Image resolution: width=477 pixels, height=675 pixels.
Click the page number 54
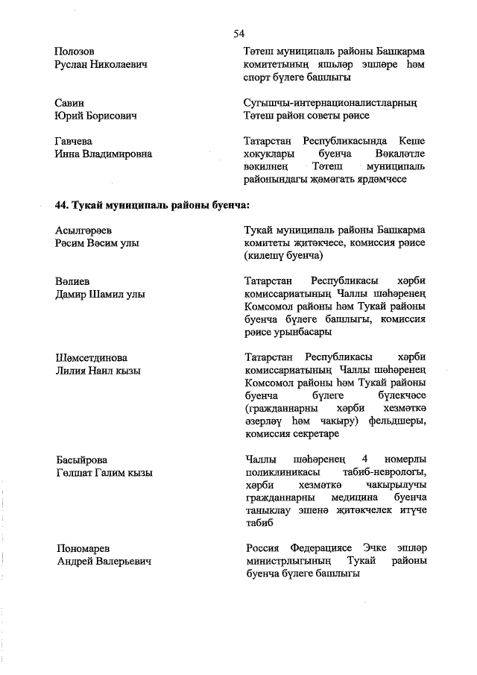tap(238, 33)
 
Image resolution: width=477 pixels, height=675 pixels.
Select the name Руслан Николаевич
tap(101, 65)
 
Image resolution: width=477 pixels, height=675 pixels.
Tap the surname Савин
tap(69, 102)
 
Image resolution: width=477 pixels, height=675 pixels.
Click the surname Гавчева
tap(74, 140)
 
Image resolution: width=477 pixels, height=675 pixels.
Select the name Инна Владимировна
tap(103, 154)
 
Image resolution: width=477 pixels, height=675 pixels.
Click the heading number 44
tap(63, 204)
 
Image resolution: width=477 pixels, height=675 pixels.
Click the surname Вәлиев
tap(72, 280)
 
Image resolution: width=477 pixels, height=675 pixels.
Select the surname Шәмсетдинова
tap(91, 357)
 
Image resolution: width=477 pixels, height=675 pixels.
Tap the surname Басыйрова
tap(81, 459)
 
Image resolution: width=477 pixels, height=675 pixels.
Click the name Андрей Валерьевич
tap(104, 561)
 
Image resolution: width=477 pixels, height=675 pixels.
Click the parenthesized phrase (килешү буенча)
tap(282, 255)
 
